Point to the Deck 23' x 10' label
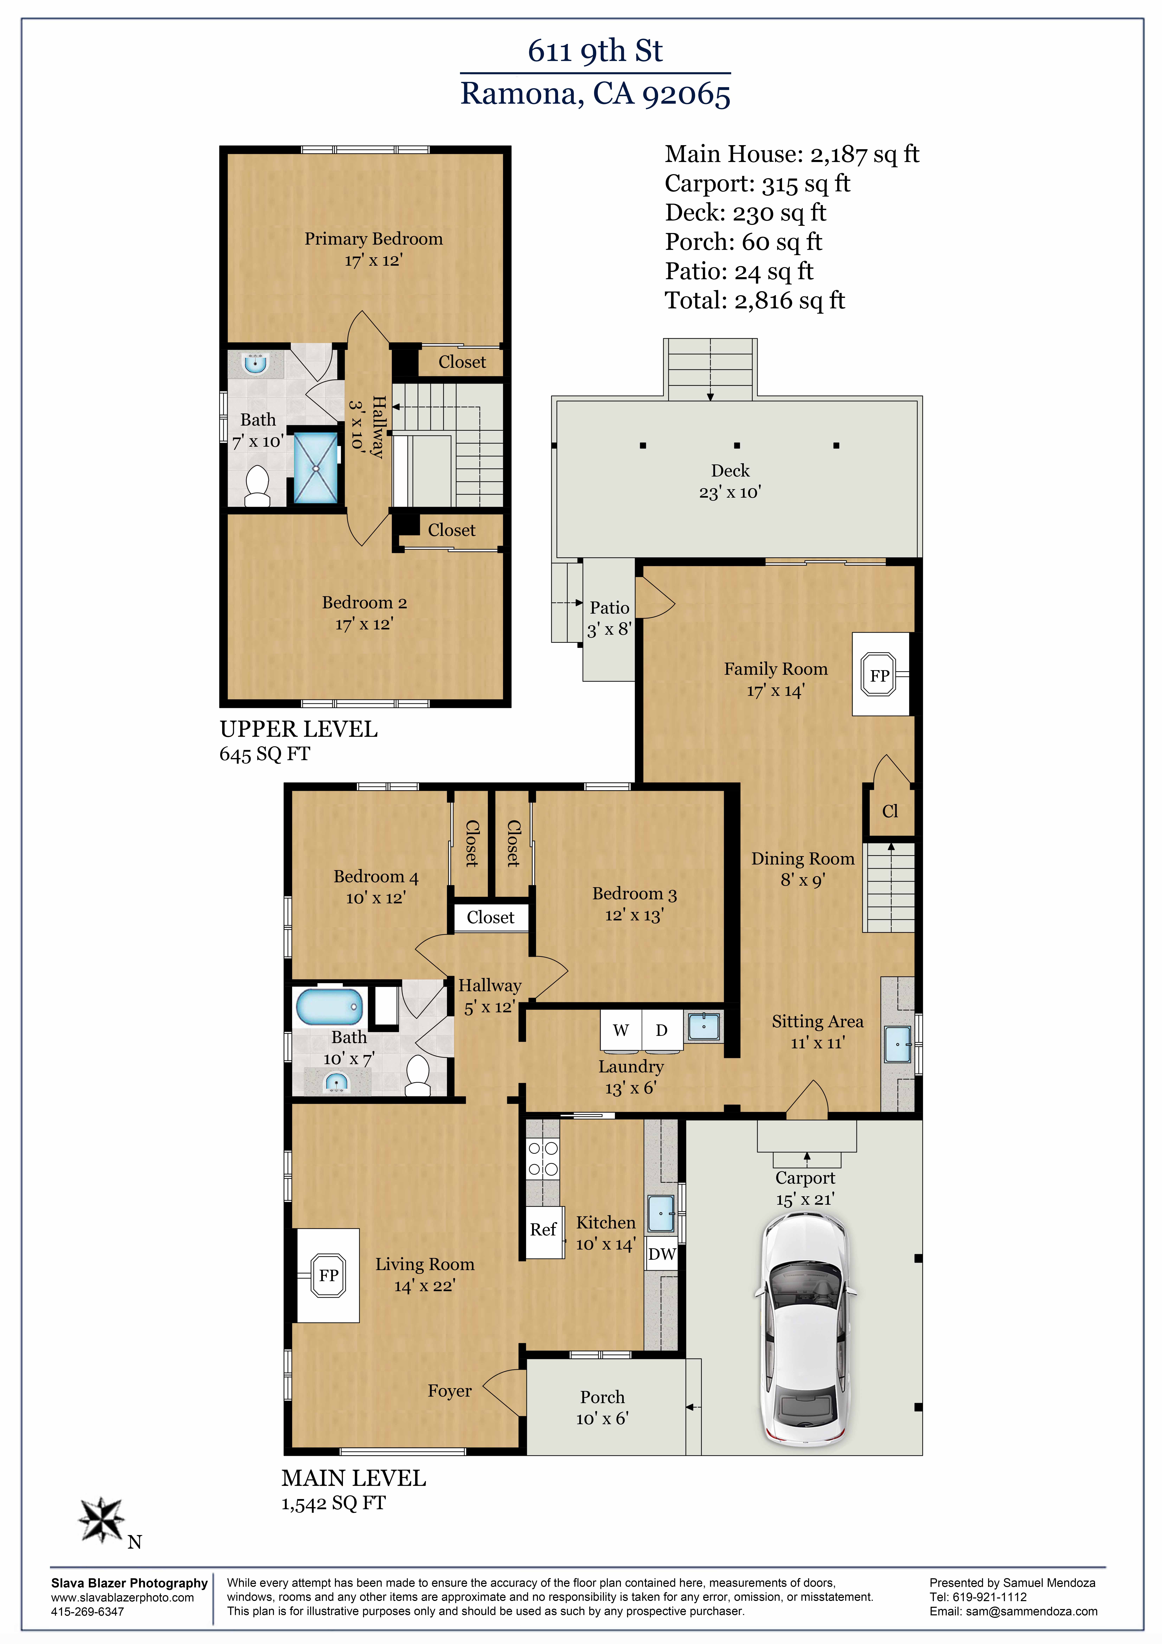pyautogui.click(x=730, y=481)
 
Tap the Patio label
pyautogui.click(x=609, y=608)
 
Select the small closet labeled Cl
pyautogui.click(x=890, y=811)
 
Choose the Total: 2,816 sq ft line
pyautogui.click(x=754, y=301)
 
